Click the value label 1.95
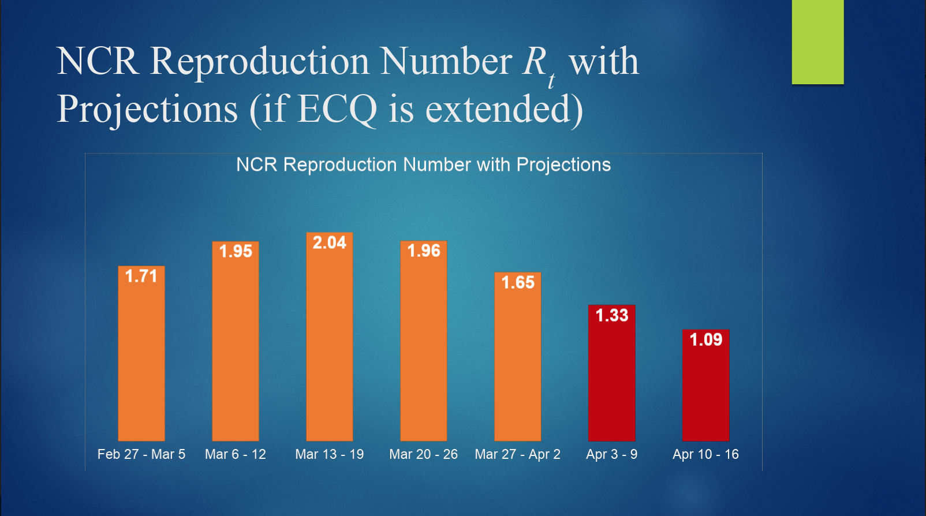click(236, 251)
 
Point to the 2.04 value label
click(329, 242)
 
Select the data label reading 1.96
click(424, 250)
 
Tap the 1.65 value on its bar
click(518, 282)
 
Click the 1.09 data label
click(705, 339)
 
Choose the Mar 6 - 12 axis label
click(236, 454)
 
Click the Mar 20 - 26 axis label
click(423, 454)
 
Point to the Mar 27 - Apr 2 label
click(517, 454)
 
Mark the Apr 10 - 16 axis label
click(705, 454)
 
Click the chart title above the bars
click(423, 164)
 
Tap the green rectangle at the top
click(817, 42)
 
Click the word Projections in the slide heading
click(147, 109)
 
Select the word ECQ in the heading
click(338, 109)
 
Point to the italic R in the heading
click(535, 61)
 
